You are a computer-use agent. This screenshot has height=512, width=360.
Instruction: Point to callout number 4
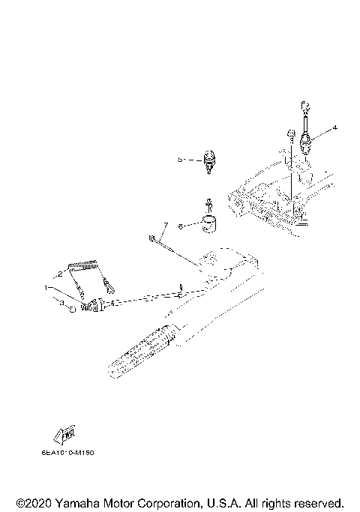coord(334,128)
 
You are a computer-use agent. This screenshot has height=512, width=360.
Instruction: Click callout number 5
coord(181,160)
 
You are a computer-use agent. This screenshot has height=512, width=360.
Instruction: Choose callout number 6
coord(180,224)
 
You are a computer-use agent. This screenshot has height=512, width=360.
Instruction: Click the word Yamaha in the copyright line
coord(80,502)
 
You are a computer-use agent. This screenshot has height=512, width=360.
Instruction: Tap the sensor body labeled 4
coord(307,141)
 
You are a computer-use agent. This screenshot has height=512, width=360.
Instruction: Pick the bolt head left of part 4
coord(289,135)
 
